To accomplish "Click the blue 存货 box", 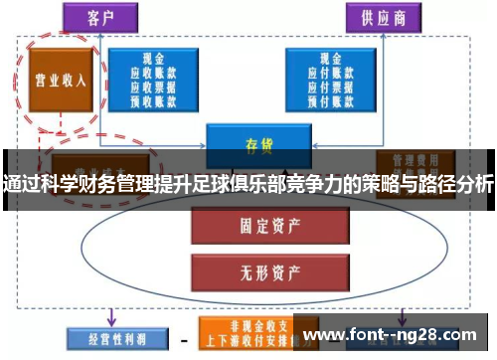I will coord(251,143).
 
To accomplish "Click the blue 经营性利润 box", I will coord(109,339).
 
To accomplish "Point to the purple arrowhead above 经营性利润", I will coord(111,320).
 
